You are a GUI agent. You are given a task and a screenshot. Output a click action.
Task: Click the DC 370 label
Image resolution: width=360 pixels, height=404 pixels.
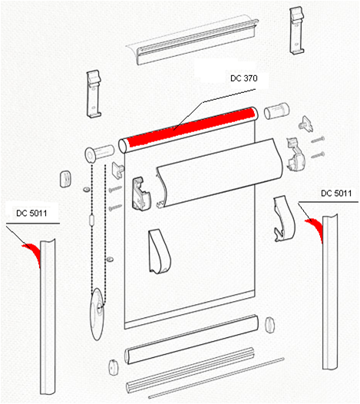(x=243, y=78)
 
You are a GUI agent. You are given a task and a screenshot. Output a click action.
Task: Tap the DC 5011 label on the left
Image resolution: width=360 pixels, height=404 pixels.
(x=31, y=213)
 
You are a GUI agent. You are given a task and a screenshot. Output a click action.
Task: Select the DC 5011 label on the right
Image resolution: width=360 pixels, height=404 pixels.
(x=336, y=193)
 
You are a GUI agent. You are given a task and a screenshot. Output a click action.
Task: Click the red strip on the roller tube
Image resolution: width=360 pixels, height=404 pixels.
(x=191, y=127)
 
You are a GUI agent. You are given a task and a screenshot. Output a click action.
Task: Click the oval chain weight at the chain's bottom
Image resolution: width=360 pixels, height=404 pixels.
(x=97, y=314)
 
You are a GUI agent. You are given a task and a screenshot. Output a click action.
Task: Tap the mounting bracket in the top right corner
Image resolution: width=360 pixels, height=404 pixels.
(x=297, y=31)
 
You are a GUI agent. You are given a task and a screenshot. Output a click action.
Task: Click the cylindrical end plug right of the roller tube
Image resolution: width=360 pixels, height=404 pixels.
(x=276, y=111)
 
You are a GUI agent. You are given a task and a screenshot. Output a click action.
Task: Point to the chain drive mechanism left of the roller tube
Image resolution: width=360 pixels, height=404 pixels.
(x=99, y=154)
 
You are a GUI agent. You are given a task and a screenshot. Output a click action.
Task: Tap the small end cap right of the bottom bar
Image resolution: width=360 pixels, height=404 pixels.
(x=269, y=325)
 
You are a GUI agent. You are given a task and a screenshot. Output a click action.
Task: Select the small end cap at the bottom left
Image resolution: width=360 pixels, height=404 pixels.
(x=114, y=367)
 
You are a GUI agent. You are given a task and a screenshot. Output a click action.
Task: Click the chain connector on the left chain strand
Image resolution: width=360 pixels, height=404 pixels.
(x=91, y=220)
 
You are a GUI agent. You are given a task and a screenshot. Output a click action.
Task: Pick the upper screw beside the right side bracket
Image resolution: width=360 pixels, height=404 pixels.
(x=318, y=140)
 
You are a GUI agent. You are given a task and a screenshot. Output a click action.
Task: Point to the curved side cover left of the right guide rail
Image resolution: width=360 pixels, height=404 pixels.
(x=284, y=218)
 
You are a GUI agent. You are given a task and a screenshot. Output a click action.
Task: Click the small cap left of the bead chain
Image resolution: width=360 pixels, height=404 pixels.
(x=65, y=178)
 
